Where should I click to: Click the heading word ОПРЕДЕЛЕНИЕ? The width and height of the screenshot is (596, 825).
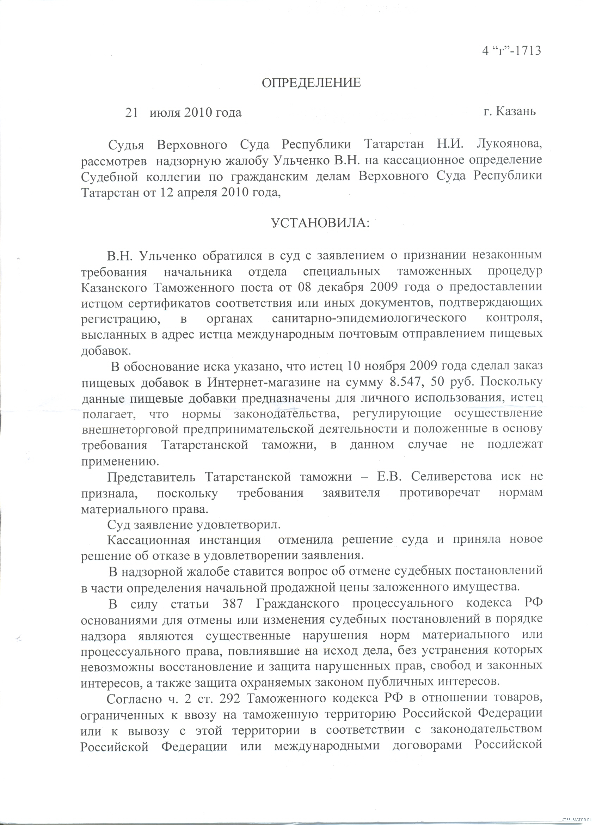311,83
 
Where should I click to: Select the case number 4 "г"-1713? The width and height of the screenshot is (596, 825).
511,50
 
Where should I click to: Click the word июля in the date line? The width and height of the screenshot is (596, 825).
165,113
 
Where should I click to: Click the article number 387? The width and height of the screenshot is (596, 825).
232,604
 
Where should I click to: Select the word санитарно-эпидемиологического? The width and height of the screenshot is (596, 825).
369,318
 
